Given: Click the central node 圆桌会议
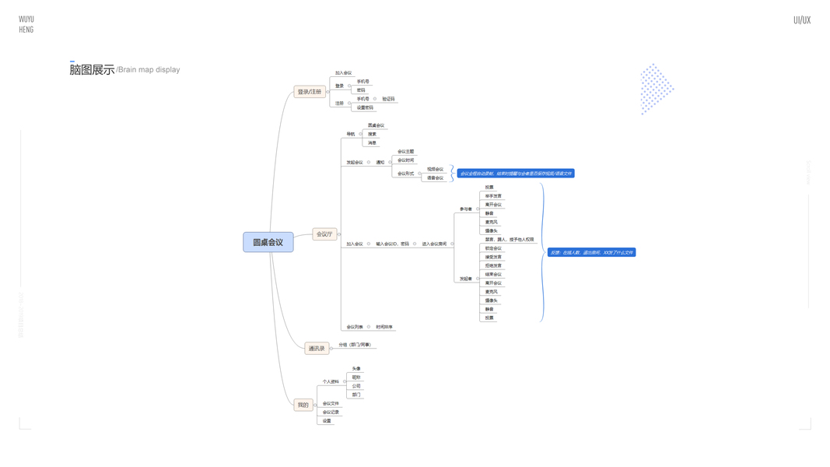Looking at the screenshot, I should coord(268,242).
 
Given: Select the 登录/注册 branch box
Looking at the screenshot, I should coord(309,92).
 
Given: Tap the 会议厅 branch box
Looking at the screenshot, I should coord(324,233).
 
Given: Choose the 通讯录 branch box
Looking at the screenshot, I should coord(316,348).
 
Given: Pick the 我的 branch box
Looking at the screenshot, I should coord(303,405).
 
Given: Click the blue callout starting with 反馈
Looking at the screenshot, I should coord(591,252).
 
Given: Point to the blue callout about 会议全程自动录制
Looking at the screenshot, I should coord(516,174).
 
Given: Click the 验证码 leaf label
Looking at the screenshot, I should coord(388,99).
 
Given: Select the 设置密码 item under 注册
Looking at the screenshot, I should coord(365,107).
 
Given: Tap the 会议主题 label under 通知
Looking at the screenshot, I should coord(405,152).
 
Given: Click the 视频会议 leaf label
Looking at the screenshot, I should coord(435,169).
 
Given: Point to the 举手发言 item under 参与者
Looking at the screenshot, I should coord(493,196).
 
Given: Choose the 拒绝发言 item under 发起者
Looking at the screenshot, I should coord(493,265).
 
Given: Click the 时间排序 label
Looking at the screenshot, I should coord(384,327).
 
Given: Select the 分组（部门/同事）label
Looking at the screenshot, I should coord(355,345).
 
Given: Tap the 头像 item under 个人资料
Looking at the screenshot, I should coord(356,369).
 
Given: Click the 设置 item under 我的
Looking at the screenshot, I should coord(327,421).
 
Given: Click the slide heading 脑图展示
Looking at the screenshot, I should coord(92,69).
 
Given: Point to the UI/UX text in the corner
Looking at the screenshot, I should coord(801,20).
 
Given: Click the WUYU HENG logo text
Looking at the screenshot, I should coord(26,24).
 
